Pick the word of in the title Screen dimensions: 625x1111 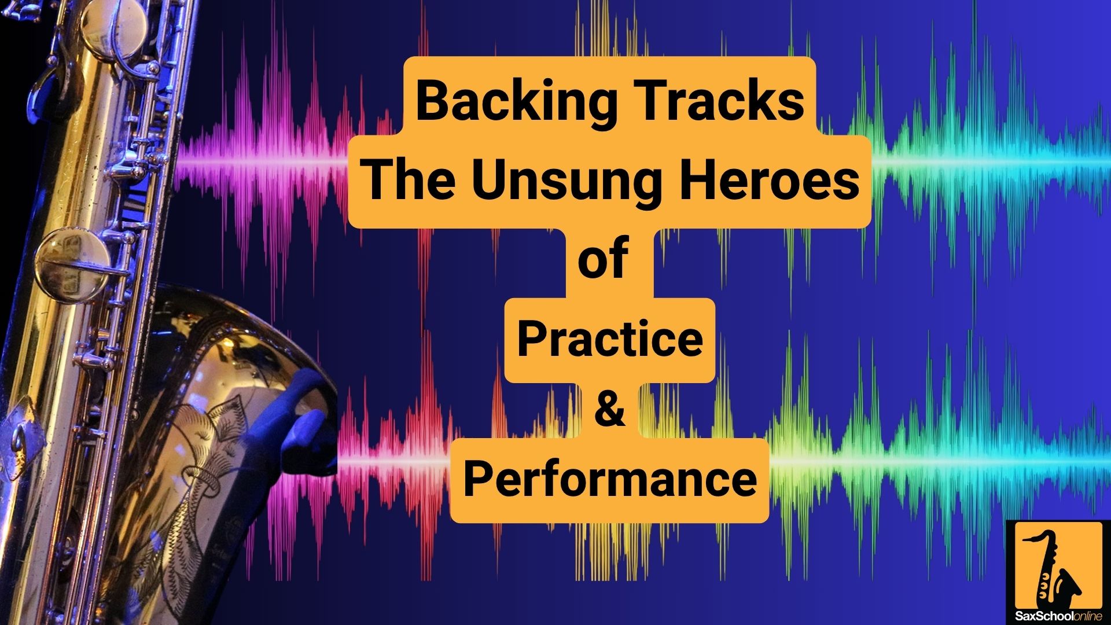[x=603, y=259]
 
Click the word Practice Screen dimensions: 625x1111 [x=610, y=339]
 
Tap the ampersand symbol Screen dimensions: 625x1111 [x=610, y=408]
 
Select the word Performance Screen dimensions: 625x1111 [x=610, y=479]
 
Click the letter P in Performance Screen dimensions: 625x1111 [x=478, y=479]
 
